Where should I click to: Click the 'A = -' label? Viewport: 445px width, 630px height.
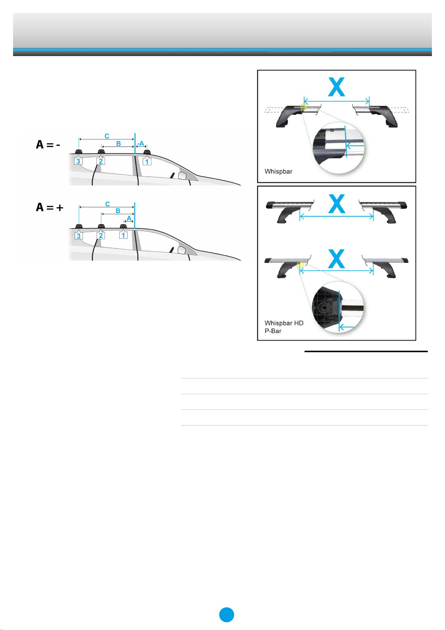click(x=48, y=145)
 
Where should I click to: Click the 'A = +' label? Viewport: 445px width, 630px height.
click(x=49, y=207)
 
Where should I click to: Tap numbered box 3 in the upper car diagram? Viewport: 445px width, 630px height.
click(x=78, y=161)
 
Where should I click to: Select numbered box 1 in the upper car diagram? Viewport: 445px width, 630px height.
click(x=147, y=162)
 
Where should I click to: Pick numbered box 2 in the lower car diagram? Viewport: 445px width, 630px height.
click(x=101, y=236)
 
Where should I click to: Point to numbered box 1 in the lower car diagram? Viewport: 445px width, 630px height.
click(x=123, y=235)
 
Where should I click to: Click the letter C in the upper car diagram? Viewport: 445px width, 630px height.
click(x=107, y=136)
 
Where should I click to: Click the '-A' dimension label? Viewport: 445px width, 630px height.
click(x=140, y=144)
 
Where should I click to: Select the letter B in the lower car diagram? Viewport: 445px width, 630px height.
click(x=118, y=210)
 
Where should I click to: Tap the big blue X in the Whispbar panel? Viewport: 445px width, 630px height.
click(x=337, y=87)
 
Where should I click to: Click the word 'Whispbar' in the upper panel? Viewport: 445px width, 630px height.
click(x=278, y=171)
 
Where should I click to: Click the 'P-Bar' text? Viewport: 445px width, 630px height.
click(x=273, y=331)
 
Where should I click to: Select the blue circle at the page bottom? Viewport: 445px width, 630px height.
click(x=226, y=615)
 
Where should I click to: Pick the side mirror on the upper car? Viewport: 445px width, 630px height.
click(x=182, y=176)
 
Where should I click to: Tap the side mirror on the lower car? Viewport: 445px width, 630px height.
click(x=182, y=250)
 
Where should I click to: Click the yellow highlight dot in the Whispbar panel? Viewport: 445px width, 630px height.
click(x=304, y=107)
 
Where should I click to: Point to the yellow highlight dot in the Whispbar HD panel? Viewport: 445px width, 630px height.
click(x=300, y=265)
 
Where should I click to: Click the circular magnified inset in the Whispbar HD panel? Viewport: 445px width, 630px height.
click(x=338, y=307)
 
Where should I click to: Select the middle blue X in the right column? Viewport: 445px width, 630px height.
click(x=337, y=204)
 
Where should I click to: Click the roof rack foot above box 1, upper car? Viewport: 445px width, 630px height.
click(x=147, y=152)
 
